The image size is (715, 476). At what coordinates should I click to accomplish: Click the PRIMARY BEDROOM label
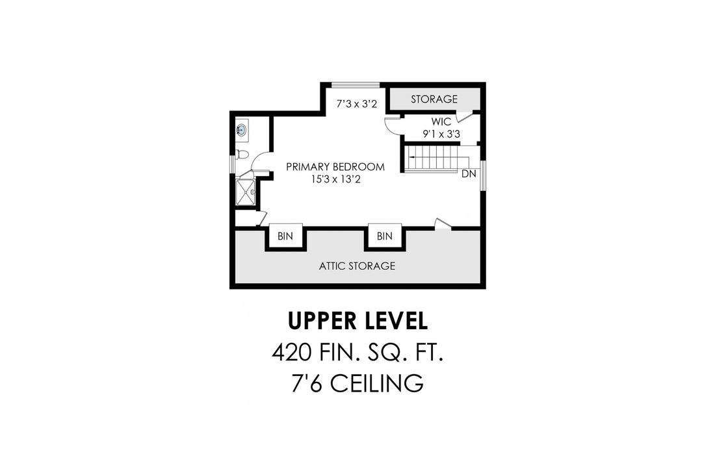coord(335,167)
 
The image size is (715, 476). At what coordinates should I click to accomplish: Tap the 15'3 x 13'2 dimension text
coord(335,179)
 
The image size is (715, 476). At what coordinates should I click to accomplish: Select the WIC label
coord(441,121)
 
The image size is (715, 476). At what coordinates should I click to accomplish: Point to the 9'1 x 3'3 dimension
coord(441,134)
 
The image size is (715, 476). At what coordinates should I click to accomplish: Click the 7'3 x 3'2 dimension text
coord(357,104)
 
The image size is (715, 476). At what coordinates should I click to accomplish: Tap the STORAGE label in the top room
coord(434,99)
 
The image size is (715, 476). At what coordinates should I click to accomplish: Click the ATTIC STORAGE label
coord(357,266)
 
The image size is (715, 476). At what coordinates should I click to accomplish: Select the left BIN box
coord(285,236)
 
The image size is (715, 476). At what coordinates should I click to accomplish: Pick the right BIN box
coord(384,236)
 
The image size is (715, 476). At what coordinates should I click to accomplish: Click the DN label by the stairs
coord(469,173)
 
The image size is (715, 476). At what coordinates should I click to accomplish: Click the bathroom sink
coord(242,130)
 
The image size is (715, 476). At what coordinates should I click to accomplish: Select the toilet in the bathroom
coord(242,155)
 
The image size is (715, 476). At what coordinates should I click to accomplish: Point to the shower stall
coord(246,192)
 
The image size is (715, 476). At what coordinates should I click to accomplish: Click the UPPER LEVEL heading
coord(358,321)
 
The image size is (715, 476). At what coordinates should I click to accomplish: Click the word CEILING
coord(376,384)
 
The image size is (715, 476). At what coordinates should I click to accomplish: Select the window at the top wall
coord(356,84)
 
